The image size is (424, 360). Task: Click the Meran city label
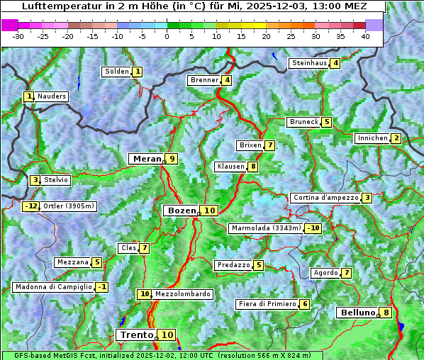[147, 159]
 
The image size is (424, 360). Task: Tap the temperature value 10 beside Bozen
[209, 210]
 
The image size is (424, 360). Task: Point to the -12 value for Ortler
[31, 206]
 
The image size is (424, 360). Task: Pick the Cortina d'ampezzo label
[325, 198]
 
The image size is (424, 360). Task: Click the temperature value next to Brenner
[227, 80]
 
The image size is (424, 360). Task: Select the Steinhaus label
[310, 63]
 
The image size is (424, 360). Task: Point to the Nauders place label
[52, 96]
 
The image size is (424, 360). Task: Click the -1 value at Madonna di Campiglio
[103, 287]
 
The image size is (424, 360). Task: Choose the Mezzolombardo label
[182, 294]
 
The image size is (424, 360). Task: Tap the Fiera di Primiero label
[267, 304]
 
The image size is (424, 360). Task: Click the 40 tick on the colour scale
[365, 36]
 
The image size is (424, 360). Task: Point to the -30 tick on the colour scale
[18, 36]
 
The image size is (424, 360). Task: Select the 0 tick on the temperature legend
[167, 36]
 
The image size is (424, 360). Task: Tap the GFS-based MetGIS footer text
[162, 355]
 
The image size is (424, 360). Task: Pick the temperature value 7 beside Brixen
[269, 145]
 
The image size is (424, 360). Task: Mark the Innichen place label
[372, 138]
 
